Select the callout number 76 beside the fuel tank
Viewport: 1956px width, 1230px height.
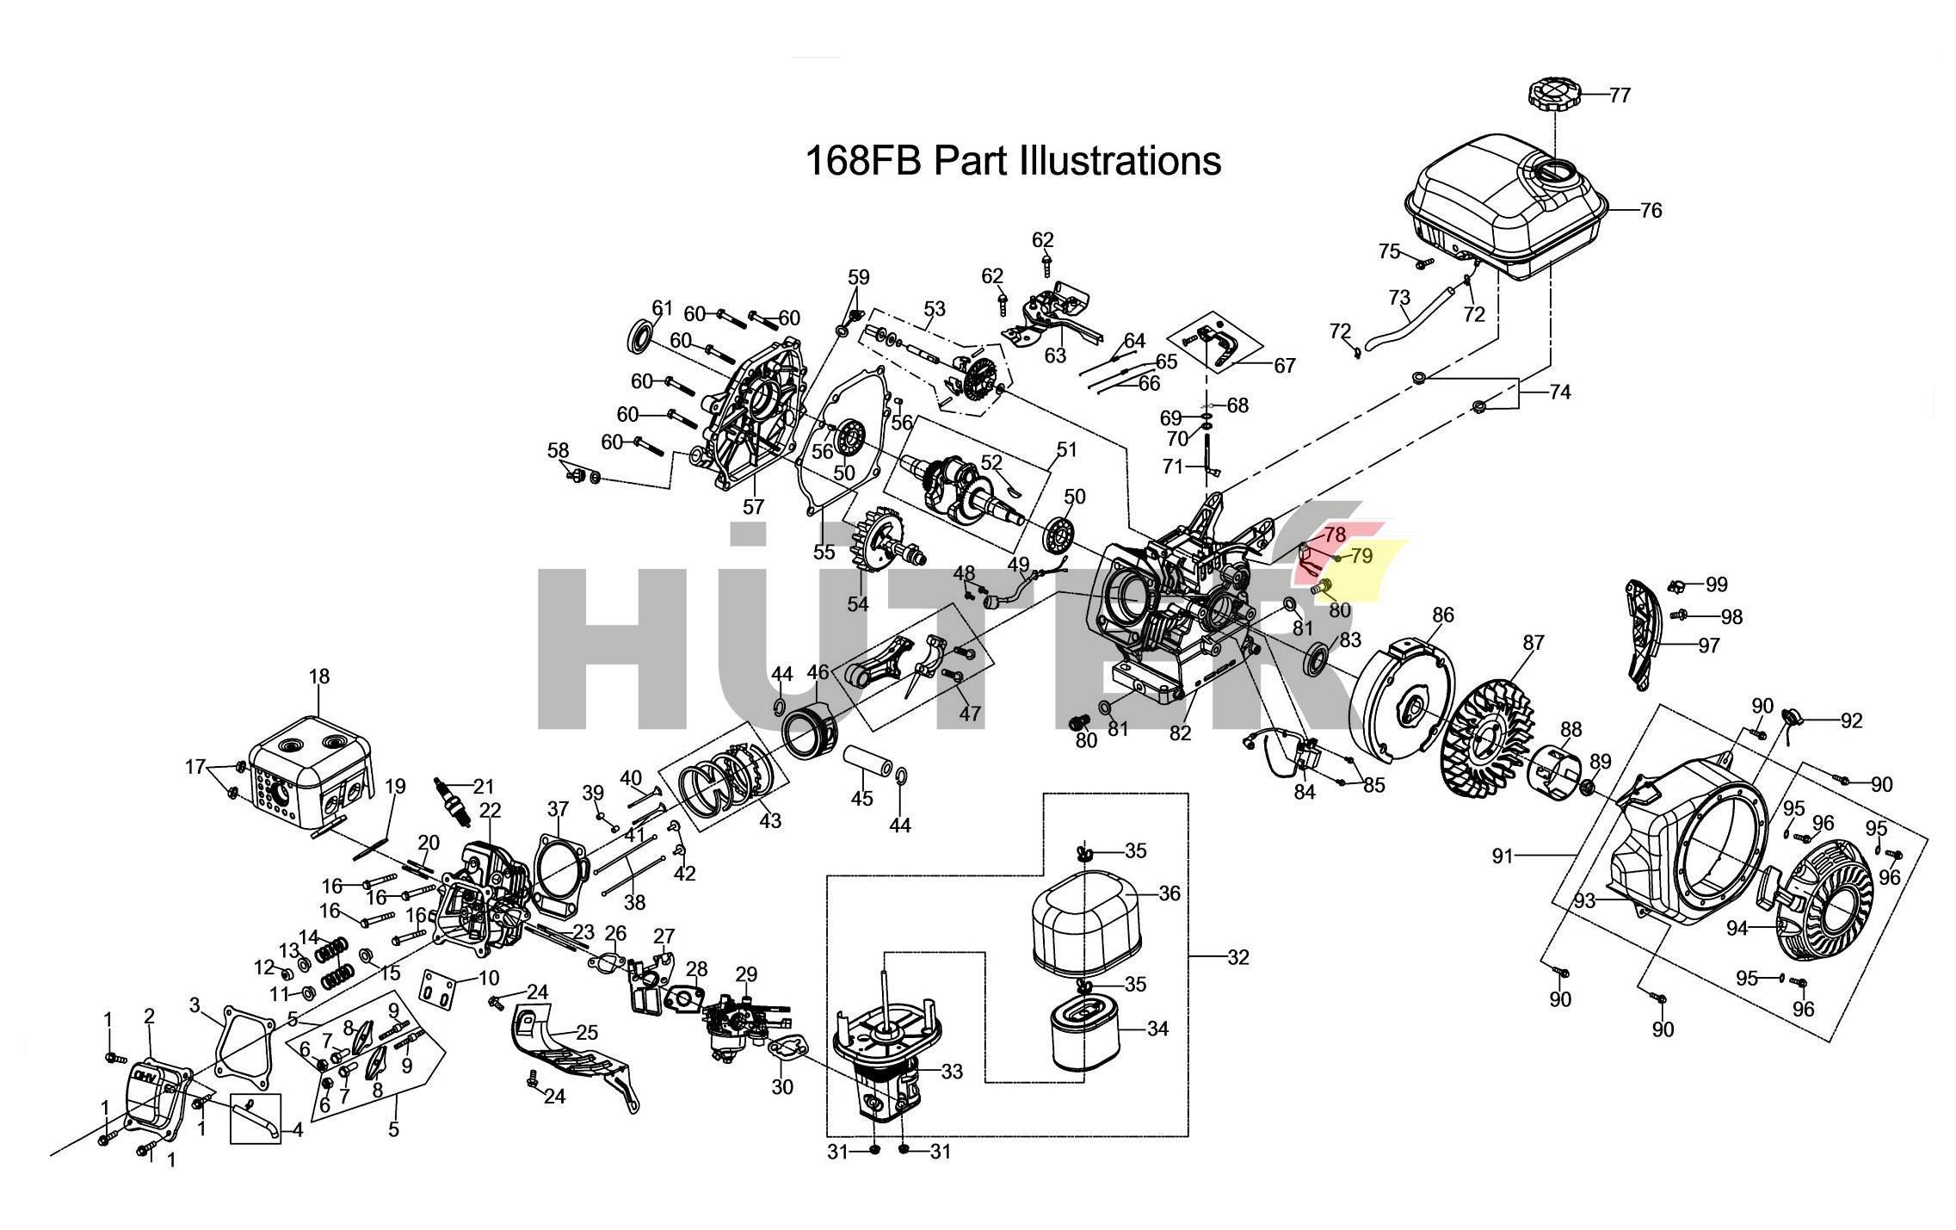tap(1651, 210)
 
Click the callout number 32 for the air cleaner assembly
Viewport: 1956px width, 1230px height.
tap(1237, 957)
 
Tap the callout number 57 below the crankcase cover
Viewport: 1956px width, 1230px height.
tap(753, 507)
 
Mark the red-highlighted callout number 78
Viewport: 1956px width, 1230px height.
tap(1334, 535)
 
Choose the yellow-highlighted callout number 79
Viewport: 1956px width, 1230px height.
tap(1361, 557)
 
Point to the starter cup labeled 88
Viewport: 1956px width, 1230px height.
tap(1554, 772)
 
